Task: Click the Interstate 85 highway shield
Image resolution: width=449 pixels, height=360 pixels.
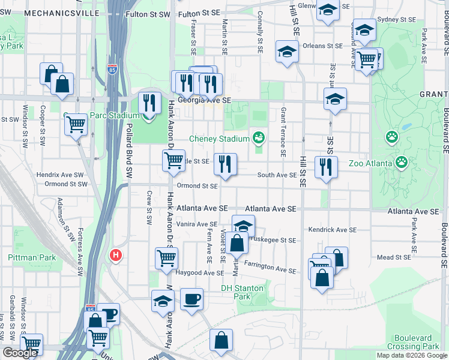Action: pos(113,70)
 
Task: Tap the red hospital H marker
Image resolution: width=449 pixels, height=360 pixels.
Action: pos(116,256)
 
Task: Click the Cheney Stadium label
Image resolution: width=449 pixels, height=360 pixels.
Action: pos(219,139)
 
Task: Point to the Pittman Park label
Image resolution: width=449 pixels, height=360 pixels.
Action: pos(32,257)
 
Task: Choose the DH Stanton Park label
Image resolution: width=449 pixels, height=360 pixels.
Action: pos(242,292)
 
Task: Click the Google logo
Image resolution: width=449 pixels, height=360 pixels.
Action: pos(20,353)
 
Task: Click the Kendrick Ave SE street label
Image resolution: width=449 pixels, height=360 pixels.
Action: pos(333,230)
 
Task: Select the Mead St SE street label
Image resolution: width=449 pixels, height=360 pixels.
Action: pos(393,257)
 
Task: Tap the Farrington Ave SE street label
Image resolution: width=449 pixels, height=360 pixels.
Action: pos(270,267)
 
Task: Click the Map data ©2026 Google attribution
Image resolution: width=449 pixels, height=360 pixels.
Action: pos(411,355)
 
